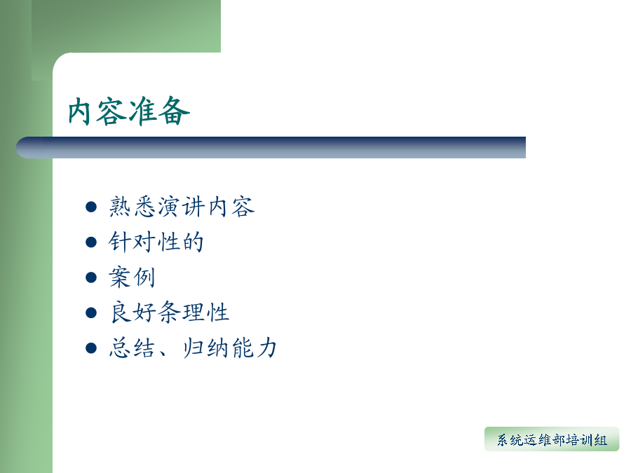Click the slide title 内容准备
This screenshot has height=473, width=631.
coord(129,111)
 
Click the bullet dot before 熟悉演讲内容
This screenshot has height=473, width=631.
coord(91,207)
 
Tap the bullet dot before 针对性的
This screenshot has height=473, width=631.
coord(91,242)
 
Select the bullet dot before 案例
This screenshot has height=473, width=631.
coord(91,277)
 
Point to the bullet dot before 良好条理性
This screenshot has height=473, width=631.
coord(91,313)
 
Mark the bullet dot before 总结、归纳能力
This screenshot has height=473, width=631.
coord(91,348)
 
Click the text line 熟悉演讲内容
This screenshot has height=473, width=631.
coord(182,207)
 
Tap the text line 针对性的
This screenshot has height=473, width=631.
coord(156,242)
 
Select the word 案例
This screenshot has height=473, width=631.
coord(132,277)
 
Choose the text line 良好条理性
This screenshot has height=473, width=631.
coord(170,313)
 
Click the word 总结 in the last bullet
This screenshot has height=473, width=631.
coord(132,348)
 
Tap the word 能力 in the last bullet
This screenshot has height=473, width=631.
coord(255,348)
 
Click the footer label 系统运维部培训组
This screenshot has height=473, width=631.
coord(552,440)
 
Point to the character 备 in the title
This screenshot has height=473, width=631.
coord(175,111)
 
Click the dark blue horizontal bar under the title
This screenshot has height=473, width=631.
coord(271,147)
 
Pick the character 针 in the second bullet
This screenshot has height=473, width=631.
coord(120,242)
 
